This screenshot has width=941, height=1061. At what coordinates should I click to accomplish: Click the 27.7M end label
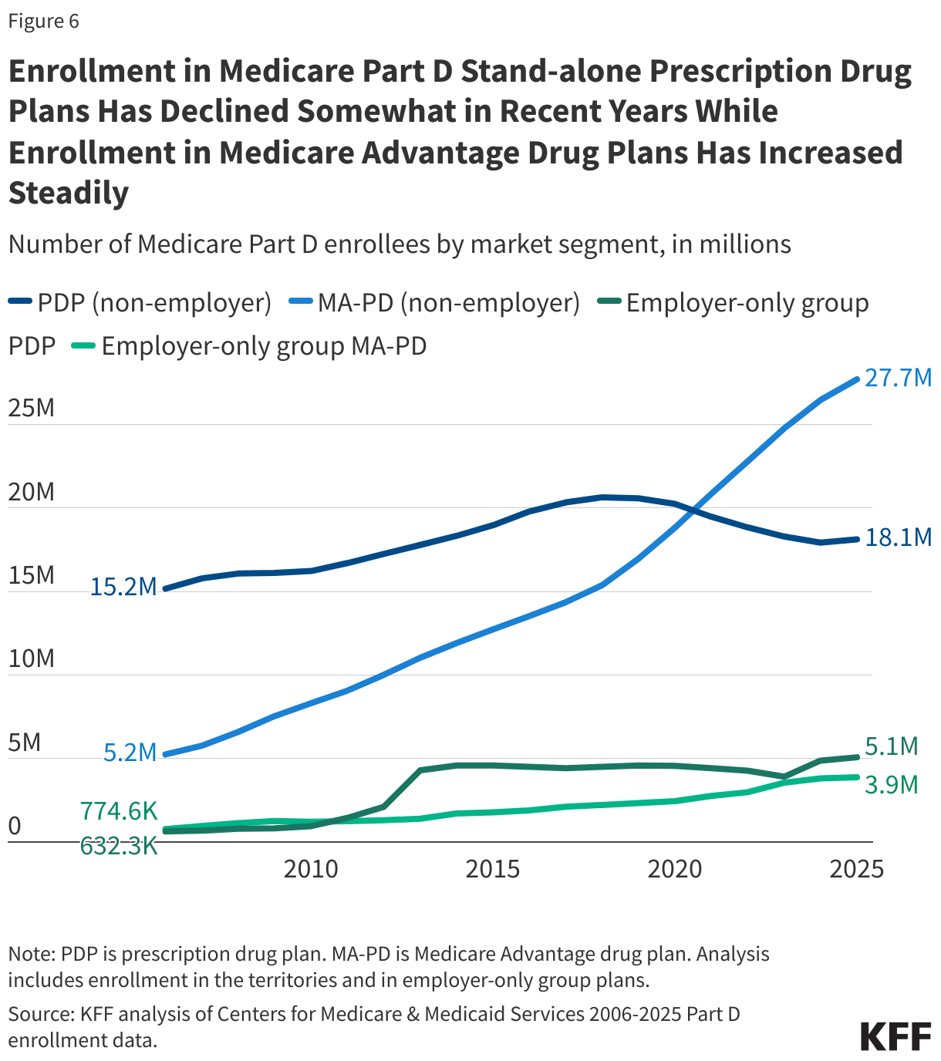coord(898,379)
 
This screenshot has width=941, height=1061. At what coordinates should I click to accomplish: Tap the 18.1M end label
coord(898,537)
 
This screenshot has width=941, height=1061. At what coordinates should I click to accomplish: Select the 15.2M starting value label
coord(123,588)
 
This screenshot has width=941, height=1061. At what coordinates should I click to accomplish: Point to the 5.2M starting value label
coord(130,753)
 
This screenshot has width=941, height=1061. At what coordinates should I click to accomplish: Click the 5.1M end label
coord(892,746)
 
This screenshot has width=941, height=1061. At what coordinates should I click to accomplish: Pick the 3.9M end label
coord(892,785)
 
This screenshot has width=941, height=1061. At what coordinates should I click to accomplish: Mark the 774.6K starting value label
coord(119,811)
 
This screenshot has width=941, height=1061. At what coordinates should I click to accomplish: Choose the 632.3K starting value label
coord(119,847)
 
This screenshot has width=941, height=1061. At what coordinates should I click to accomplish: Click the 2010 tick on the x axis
coord(311,870)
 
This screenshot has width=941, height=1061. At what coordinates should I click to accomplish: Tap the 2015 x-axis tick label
coord(493,870)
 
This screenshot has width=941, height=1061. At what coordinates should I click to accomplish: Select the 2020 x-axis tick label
coord(675,870)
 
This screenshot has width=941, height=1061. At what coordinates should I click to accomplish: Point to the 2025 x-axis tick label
coord(856,870)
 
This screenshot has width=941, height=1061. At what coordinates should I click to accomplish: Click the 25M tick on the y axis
coord(32,408)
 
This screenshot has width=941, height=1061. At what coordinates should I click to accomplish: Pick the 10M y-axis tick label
coord(32,658)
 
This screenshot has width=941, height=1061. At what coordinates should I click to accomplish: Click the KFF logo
coord(895,1036)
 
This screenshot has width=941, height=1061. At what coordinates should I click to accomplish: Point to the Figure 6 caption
coord(44,21)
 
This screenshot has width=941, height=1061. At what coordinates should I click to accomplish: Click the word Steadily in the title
coord(69,193)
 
